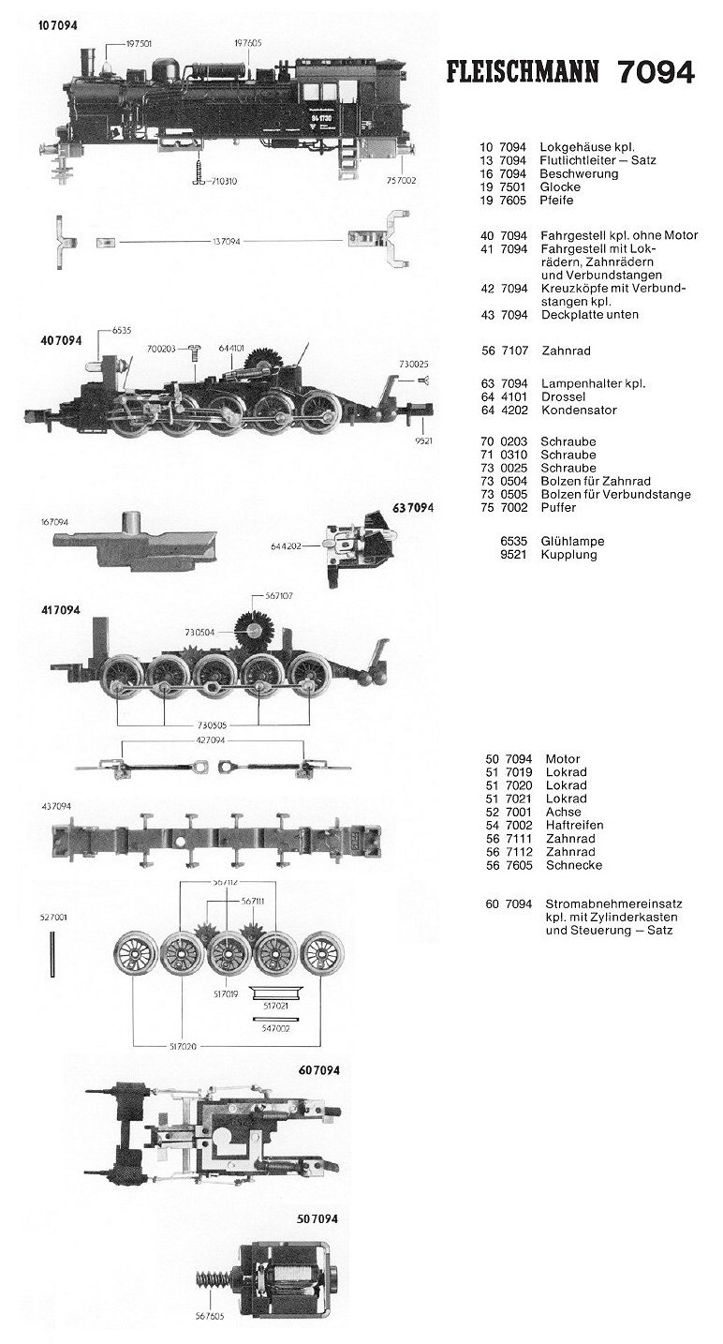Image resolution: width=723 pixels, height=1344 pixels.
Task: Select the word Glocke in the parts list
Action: [560, 187]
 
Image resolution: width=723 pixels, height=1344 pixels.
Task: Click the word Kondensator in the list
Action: [578, 411]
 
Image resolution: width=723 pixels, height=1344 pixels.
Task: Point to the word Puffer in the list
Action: [558, 508]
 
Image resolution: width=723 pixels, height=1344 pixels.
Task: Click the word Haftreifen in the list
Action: [571, 825]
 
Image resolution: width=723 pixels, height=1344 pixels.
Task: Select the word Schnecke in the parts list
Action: [570, 866]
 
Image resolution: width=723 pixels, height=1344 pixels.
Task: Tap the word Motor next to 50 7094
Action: [560, 759]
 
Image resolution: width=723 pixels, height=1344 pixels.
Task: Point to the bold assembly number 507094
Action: [317, 1219]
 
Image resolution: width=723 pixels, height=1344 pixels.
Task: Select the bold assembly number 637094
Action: [413, 508]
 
